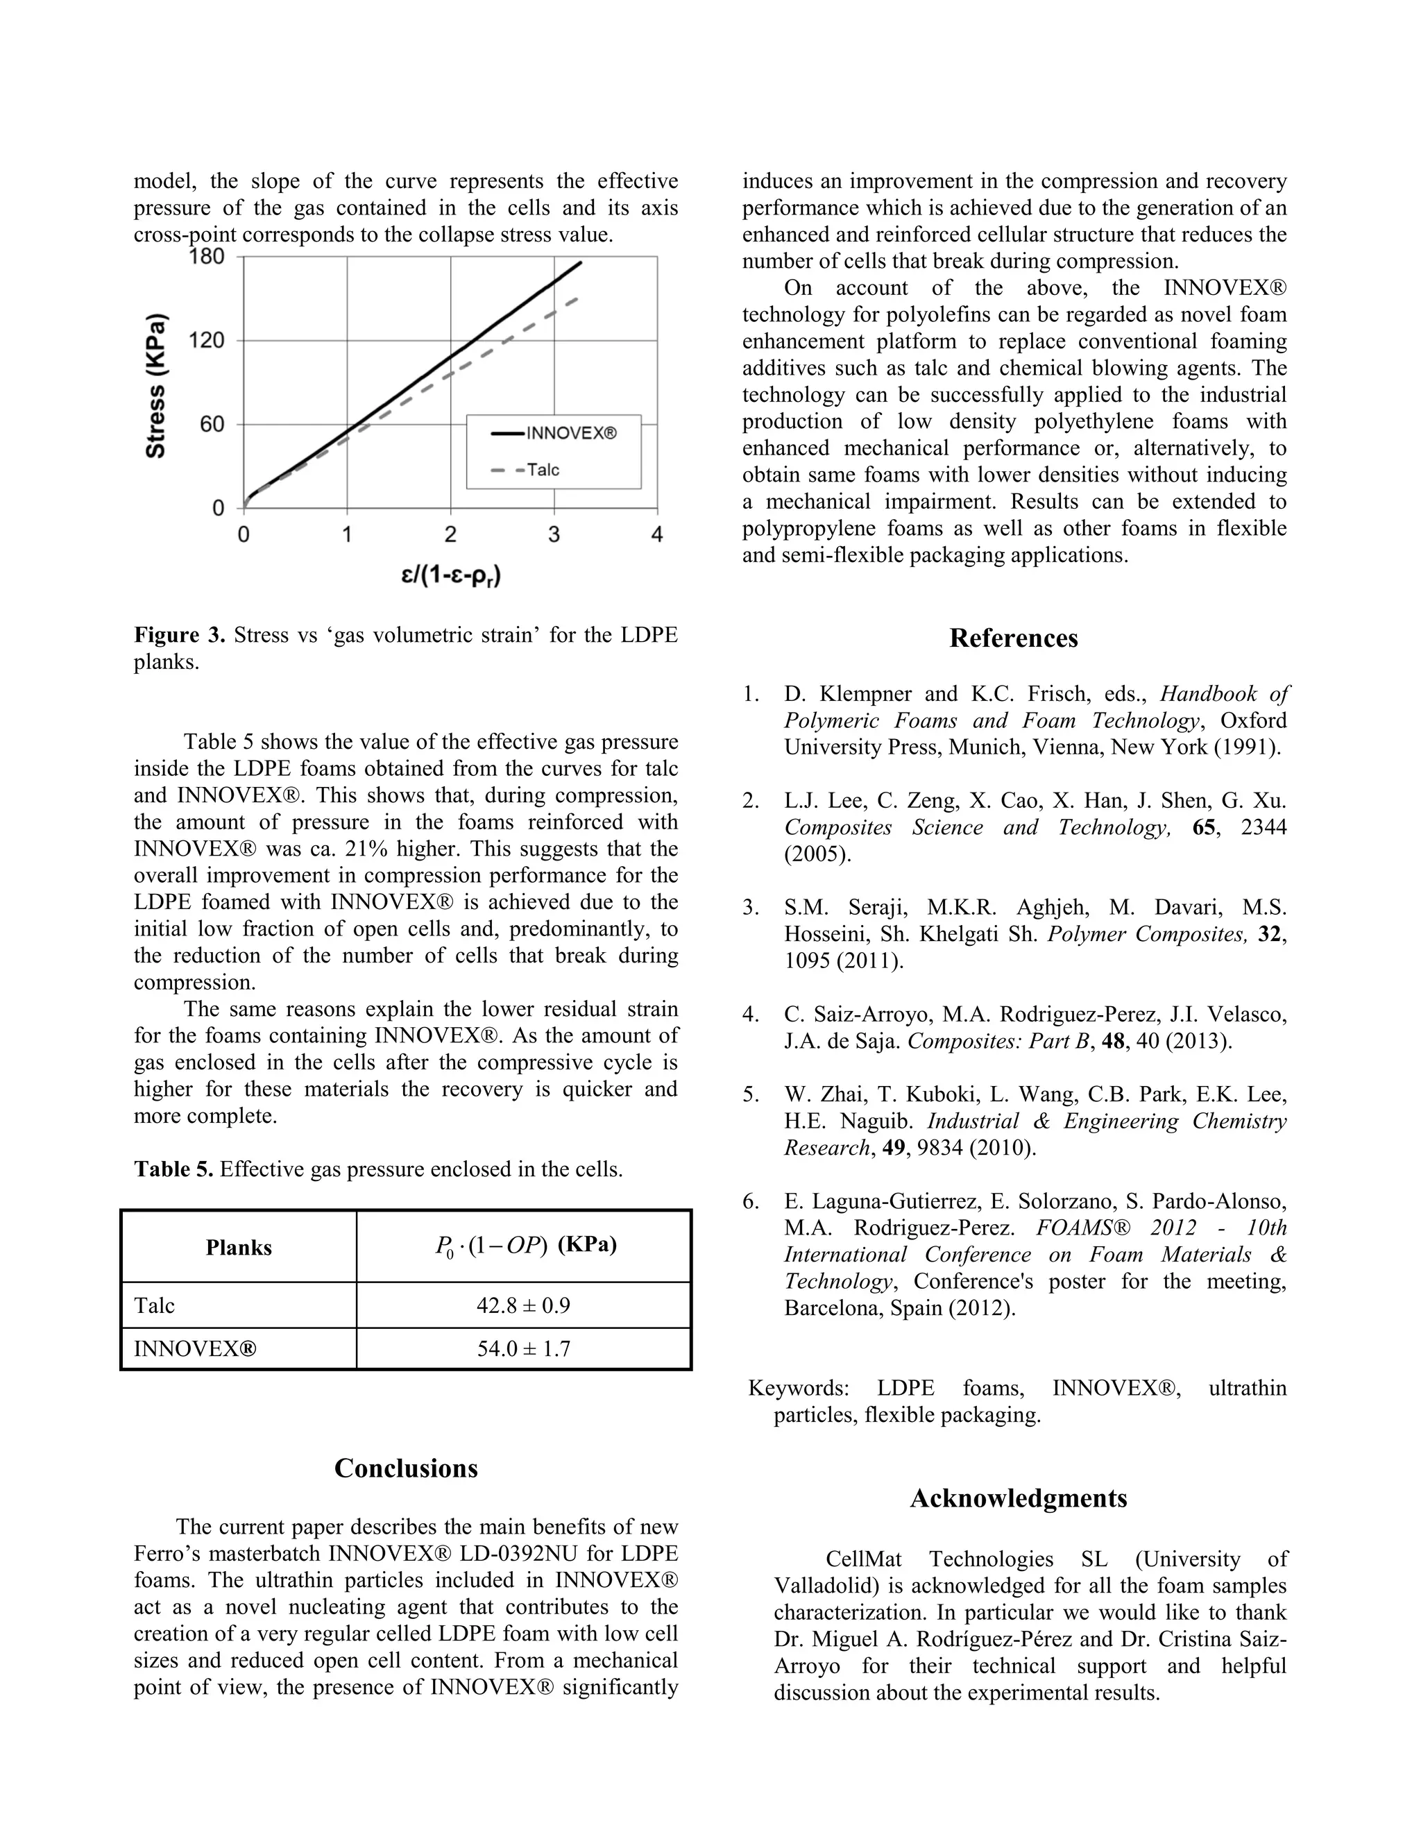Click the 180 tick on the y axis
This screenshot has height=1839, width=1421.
pyautogui.click(x=207, y=256)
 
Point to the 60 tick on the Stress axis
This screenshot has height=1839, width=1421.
pyautogui.click(x=212, y=423)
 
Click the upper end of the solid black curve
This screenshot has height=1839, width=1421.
pyautogui.click(x=581, y=263)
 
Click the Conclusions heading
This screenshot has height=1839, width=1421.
pyautogui.click(x=406, y=1468)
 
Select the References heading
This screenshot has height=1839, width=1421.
pyautogui.click(x=1014, y=638)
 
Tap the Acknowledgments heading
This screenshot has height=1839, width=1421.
pyautogui.click(x=1018, y=1498)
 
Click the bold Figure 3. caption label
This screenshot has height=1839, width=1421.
pyautogui.click(x=179, y=635)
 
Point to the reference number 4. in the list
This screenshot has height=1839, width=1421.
pyautogui.click(x=751, y=1015)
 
